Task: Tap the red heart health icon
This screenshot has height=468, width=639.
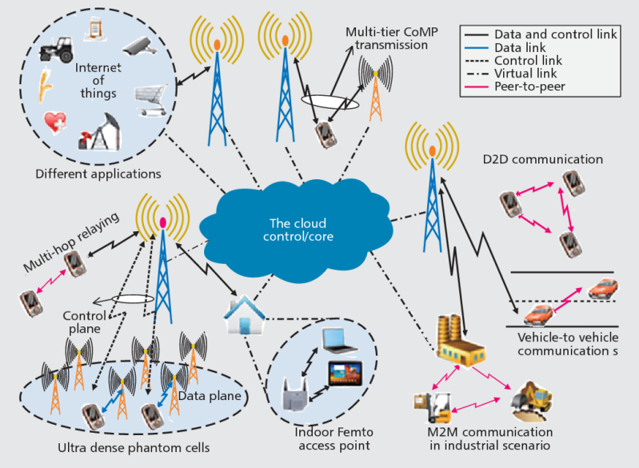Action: click(x=55, y=122)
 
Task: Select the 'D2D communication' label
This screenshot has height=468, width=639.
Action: click(x=554, y=159)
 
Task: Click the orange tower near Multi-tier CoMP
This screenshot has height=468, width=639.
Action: click(x=374, y=88)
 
